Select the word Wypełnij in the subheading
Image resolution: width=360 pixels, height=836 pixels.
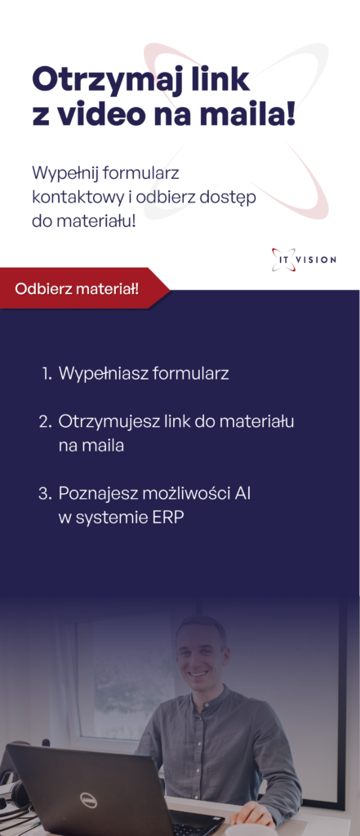click(x=64, y=174)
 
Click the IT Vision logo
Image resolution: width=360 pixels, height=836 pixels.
click(x=304, y=260)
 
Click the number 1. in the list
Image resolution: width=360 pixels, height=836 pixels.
click(x=47, y=373)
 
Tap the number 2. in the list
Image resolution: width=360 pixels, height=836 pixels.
click(x=46, y=421)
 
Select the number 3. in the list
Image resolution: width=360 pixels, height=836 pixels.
click(x=45, y=494)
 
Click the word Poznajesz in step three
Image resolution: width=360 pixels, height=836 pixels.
click(x=98, y=494)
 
